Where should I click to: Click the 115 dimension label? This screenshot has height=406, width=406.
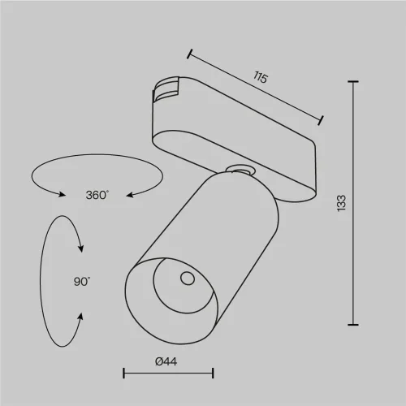click(261, 78)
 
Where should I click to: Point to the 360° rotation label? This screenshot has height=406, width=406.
click(97, 195)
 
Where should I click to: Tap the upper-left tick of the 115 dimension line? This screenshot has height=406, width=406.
click(188, 55)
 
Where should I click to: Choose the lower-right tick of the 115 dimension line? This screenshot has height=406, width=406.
click(322, 120)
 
